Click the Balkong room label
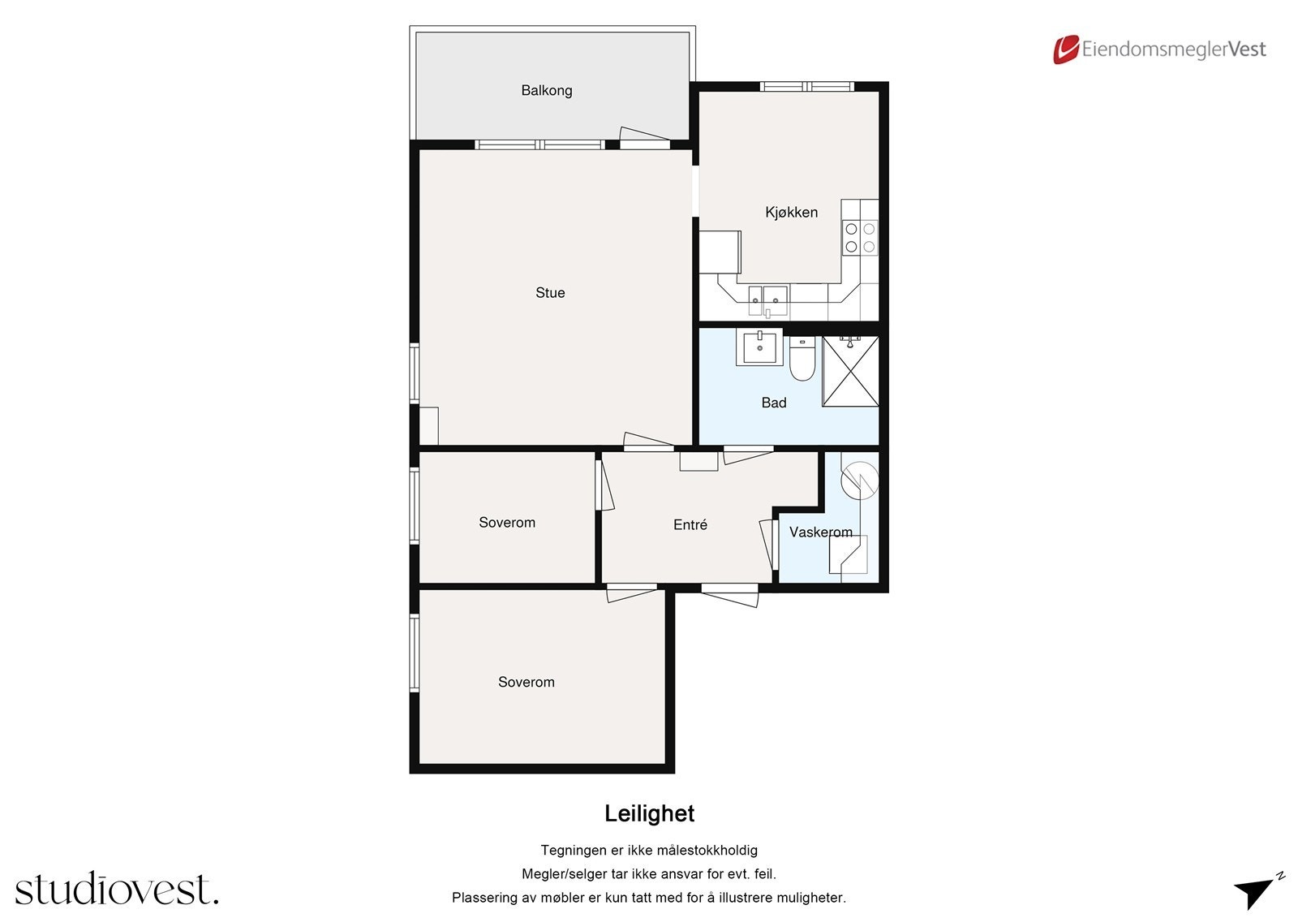pyautogui.click(x=547, y=90)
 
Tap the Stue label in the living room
pyautogui.click(x=550, y=293)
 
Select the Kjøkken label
pyautogui.click(x=791, y=212)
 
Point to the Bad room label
pyautogui.click(x=774, y=403)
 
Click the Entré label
pyautogui.click(x=690, y=524)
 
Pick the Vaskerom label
pyautogui.click(x=820, y=532)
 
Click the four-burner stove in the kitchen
pyautogui.click(x=860, y=238)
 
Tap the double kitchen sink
pyautogui.click(x=767, y=300)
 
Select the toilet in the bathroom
pyautogui.click(x=802, y=359)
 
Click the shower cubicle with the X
pyautogui.click(x=850, y=371)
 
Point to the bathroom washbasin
pyautogui.click(x=759, y=347)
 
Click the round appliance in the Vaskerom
pyautogui.click(x=860, y=481)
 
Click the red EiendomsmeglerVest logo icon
pyautogui.click(x=1066, y=50)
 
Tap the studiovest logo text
pyautogui.click(x=117, y=888)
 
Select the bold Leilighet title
pyautogui.click(x=649, y=813)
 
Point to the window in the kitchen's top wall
pyautogui.click(x=806, y=86)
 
